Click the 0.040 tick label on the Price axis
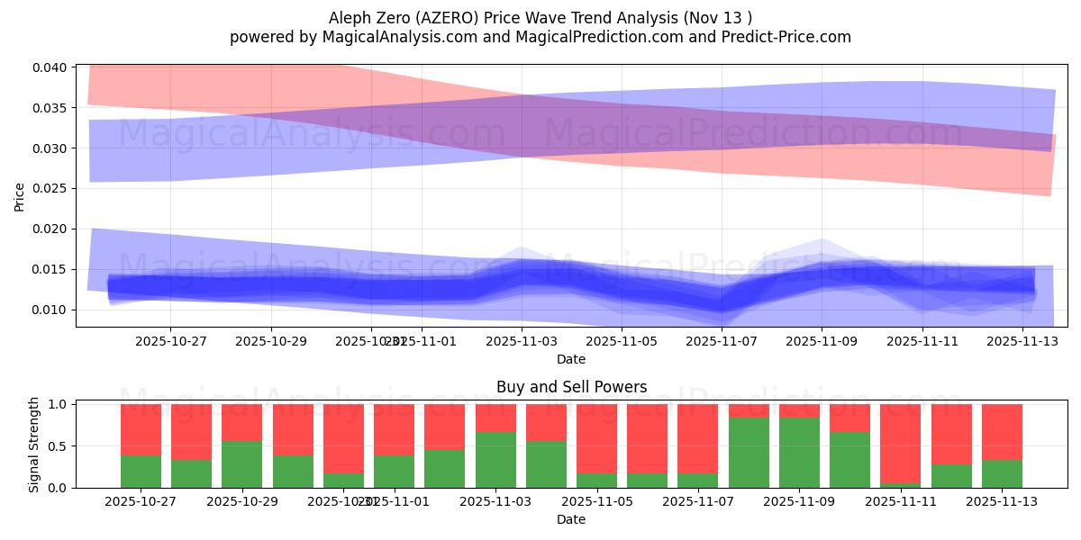(x=50, y=67)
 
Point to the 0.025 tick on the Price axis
(x=50, y=188)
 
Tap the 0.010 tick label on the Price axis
(x=50, y=310)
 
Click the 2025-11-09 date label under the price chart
(x=821, y=341)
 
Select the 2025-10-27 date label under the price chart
(x=170, y=341)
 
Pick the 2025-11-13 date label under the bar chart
(x=1002, y=501)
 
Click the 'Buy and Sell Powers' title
(x=571, y=388)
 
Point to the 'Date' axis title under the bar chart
(x=571, y=519)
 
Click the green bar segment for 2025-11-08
(x=749, y=452)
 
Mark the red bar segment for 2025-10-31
(x=343, y=438)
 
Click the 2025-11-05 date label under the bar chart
(x=596, y=501)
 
